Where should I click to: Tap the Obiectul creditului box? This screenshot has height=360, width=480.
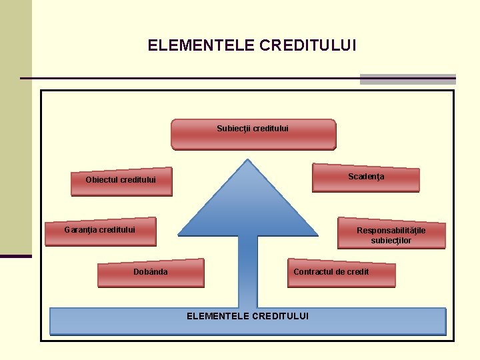121,181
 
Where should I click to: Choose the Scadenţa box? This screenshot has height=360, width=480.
366,178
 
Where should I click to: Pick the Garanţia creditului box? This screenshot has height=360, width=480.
100,231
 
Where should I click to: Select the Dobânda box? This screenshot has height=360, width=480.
151,273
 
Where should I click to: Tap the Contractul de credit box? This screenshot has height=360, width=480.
341,272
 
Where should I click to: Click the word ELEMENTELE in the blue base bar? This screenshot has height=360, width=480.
217,316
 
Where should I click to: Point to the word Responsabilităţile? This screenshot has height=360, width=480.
391,231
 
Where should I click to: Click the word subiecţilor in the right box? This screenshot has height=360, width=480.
391,241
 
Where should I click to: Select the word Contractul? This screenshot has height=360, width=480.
312,272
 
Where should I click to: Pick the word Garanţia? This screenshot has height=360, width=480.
80,230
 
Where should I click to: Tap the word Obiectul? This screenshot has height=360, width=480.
102,180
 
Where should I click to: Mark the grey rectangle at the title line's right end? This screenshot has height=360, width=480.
407,79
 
